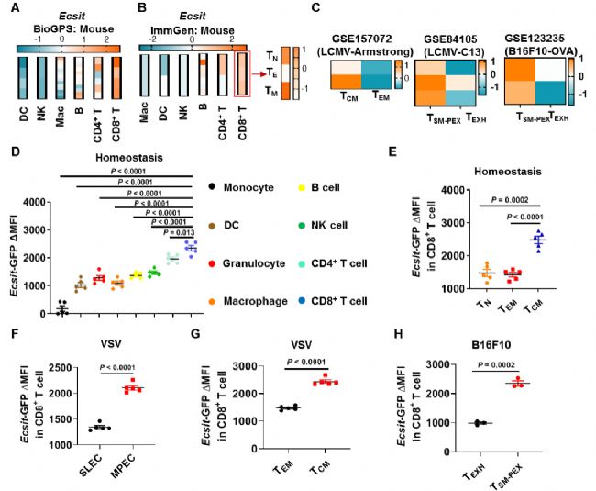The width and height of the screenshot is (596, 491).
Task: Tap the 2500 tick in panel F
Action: [x=46, y=368]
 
